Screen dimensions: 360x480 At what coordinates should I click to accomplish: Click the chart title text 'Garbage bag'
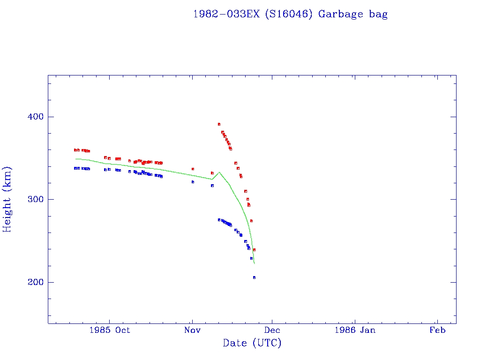pyautogui.click(x=353, y=14)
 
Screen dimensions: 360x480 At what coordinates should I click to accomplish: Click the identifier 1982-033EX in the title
pyautogui.click(x=226, y=14)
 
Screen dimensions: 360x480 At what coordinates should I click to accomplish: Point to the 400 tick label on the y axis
pyautogui.click(x=32, y=117)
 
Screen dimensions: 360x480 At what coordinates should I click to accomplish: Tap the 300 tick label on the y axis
pyautogui.click(x=32, y=200)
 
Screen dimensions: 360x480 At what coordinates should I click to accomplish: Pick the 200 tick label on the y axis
pyautogui.click(x=32, y=282)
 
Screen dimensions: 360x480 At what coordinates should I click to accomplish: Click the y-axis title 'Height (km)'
pyautogui.click(x=7, y=199)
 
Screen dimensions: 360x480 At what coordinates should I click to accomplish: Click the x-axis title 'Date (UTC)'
pyautogui.click(x=252, y=343)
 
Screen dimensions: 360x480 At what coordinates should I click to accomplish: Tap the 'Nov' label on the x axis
pyautogui.click(x=192, y=330)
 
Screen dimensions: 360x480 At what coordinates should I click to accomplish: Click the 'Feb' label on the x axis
pyautogui.click(x=437, y=330)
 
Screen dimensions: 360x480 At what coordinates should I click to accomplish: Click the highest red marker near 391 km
pyautogui.click(x=219, y=124)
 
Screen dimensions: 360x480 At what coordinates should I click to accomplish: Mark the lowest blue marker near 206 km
pyautogui.click(x=254, y=277)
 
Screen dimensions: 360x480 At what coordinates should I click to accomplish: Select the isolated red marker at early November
pyautogui.click(x=193, y=169)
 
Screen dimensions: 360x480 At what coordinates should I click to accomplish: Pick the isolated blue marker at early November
pyautogui.click(x=193, y=182)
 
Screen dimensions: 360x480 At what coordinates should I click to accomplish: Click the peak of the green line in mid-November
pyautogui.click(x=219, y=172)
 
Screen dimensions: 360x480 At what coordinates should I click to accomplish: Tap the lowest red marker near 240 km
pyautogui.click(x=254, y=250)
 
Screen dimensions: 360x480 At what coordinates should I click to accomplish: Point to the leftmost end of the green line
pyautogui.click(x=75, y=159)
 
